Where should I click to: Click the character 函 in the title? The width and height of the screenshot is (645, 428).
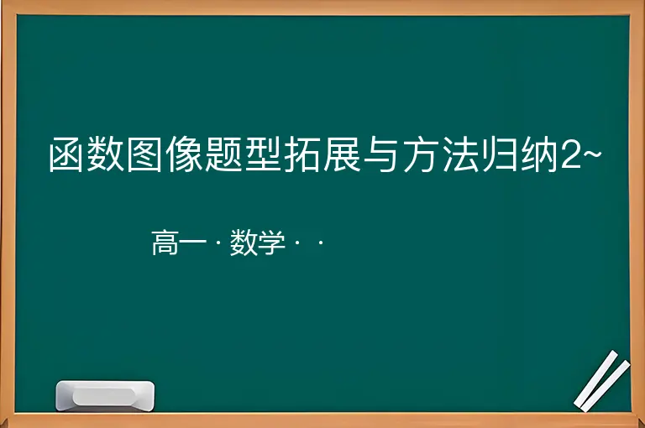click(x=66, y=154)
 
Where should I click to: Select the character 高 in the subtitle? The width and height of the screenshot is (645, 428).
click(x=165, y=243)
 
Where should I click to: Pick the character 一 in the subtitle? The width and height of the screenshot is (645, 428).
click(x=192, y=243)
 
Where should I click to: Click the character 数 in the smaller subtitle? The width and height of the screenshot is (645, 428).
click(x=244, y=243)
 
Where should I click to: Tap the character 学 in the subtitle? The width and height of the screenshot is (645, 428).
click(x=271, y=243)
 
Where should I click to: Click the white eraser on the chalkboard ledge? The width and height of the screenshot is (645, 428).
click(x=105, y=395)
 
